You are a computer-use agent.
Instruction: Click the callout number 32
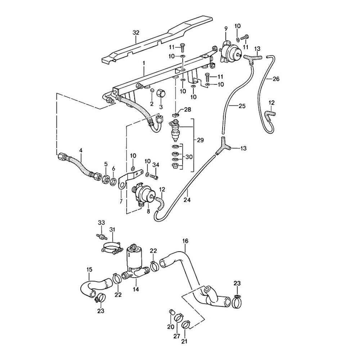coord(136,33)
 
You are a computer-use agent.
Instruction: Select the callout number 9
coord(226,29)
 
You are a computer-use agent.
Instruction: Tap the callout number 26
coord(276,79)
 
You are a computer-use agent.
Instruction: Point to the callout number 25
coord(242,106)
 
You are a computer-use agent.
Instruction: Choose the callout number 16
coord(185,241)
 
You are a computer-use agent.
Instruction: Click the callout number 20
coord(171,327)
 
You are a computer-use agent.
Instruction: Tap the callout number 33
coord(101,222)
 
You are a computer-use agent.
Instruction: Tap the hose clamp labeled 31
coord(112,248)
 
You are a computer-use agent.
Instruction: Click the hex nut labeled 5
coord(105,179)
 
